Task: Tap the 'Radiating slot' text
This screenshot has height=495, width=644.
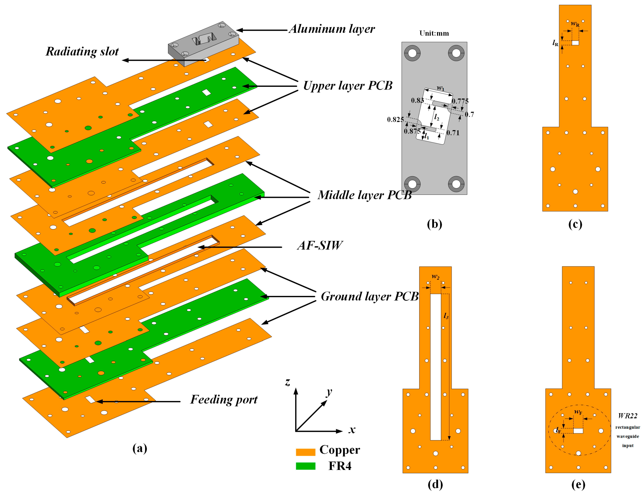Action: point(82,52)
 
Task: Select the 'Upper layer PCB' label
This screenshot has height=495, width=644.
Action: point(348,86)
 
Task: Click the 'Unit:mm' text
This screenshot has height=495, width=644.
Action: point(434,33)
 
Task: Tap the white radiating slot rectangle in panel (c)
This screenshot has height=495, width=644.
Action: point(575,43)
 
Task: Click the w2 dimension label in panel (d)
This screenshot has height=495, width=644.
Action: point(435,276)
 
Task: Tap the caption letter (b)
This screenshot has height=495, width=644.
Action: point(434,224)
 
